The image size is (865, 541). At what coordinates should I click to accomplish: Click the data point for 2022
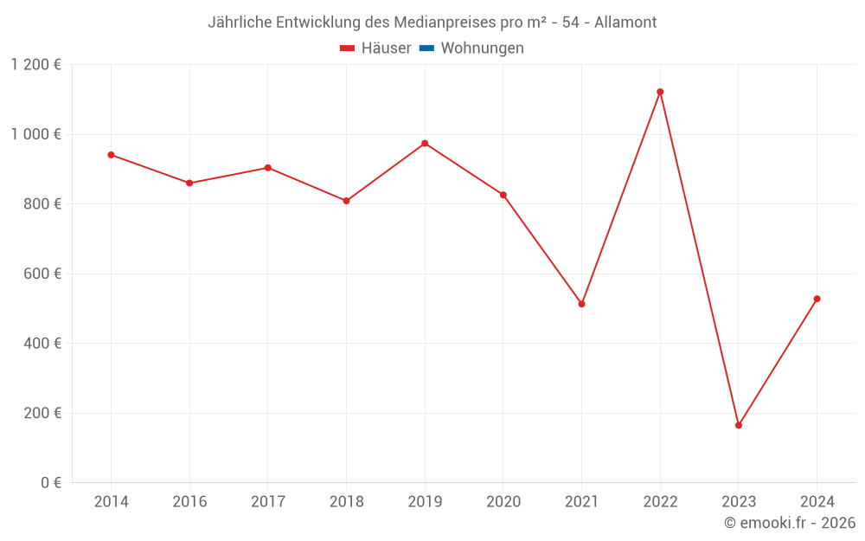click(x=660, y=92)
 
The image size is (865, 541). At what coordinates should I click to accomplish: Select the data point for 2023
click(x=739, y=425)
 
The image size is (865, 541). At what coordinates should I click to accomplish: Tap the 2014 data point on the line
click(x=111, y=155)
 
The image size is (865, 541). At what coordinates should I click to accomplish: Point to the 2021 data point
click(x=581, y=304)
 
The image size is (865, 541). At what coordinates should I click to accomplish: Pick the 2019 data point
click(x=425, y=143)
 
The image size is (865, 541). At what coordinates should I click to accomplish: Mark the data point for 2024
click(x=817, y=299)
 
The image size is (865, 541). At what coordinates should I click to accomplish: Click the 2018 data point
click(x=346, y=201)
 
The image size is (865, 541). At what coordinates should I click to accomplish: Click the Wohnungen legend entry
click(x=482, y=48)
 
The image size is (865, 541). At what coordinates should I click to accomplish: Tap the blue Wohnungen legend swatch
click(x=426, y=48)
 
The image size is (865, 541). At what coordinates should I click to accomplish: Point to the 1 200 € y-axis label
click(x=35, y=65)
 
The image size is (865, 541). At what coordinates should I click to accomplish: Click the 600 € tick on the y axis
click(x=42, y=274)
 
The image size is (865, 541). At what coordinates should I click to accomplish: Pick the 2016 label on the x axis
click(x=189, y=502)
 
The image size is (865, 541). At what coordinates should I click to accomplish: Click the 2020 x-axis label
click(x=503, y=502)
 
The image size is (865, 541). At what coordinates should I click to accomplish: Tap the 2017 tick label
click(x=267, y=502)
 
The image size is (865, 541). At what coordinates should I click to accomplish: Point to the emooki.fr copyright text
click(x=790, y=523)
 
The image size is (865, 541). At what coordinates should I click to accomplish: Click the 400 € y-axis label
click(x=42, y=344)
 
